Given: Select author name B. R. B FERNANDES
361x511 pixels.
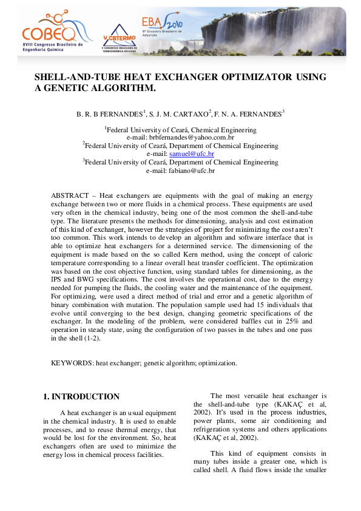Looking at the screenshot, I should pos(109,113).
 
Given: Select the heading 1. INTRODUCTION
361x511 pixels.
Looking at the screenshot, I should pos(81,397).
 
